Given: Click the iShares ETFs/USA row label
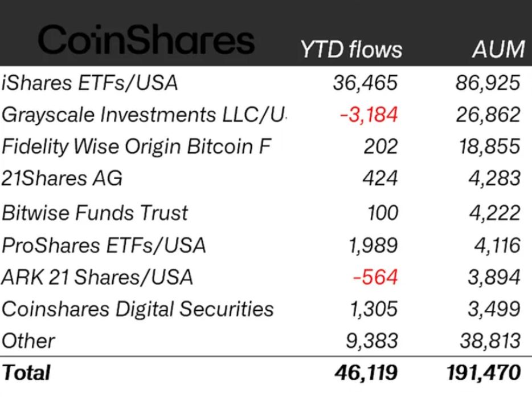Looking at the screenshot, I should coord(90,83).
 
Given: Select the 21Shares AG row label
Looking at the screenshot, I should coord(62,179).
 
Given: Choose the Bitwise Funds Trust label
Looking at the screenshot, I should coord(95,213).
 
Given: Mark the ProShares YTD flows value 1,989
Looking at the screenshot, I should coord(373,245).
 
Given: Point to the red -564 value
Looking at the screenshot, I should coord(375,277).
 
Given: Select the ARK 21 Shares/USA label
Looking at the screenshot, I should coord(97,277).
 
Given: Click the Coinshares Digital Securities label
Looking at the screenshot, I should coord(138,309).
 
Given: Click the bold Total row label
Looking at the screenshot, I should coord(26,373).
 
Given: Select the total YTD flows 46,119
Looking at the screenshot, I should coord(367,373).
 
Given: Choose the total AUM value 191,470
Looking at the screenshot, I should coord(484,373).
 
